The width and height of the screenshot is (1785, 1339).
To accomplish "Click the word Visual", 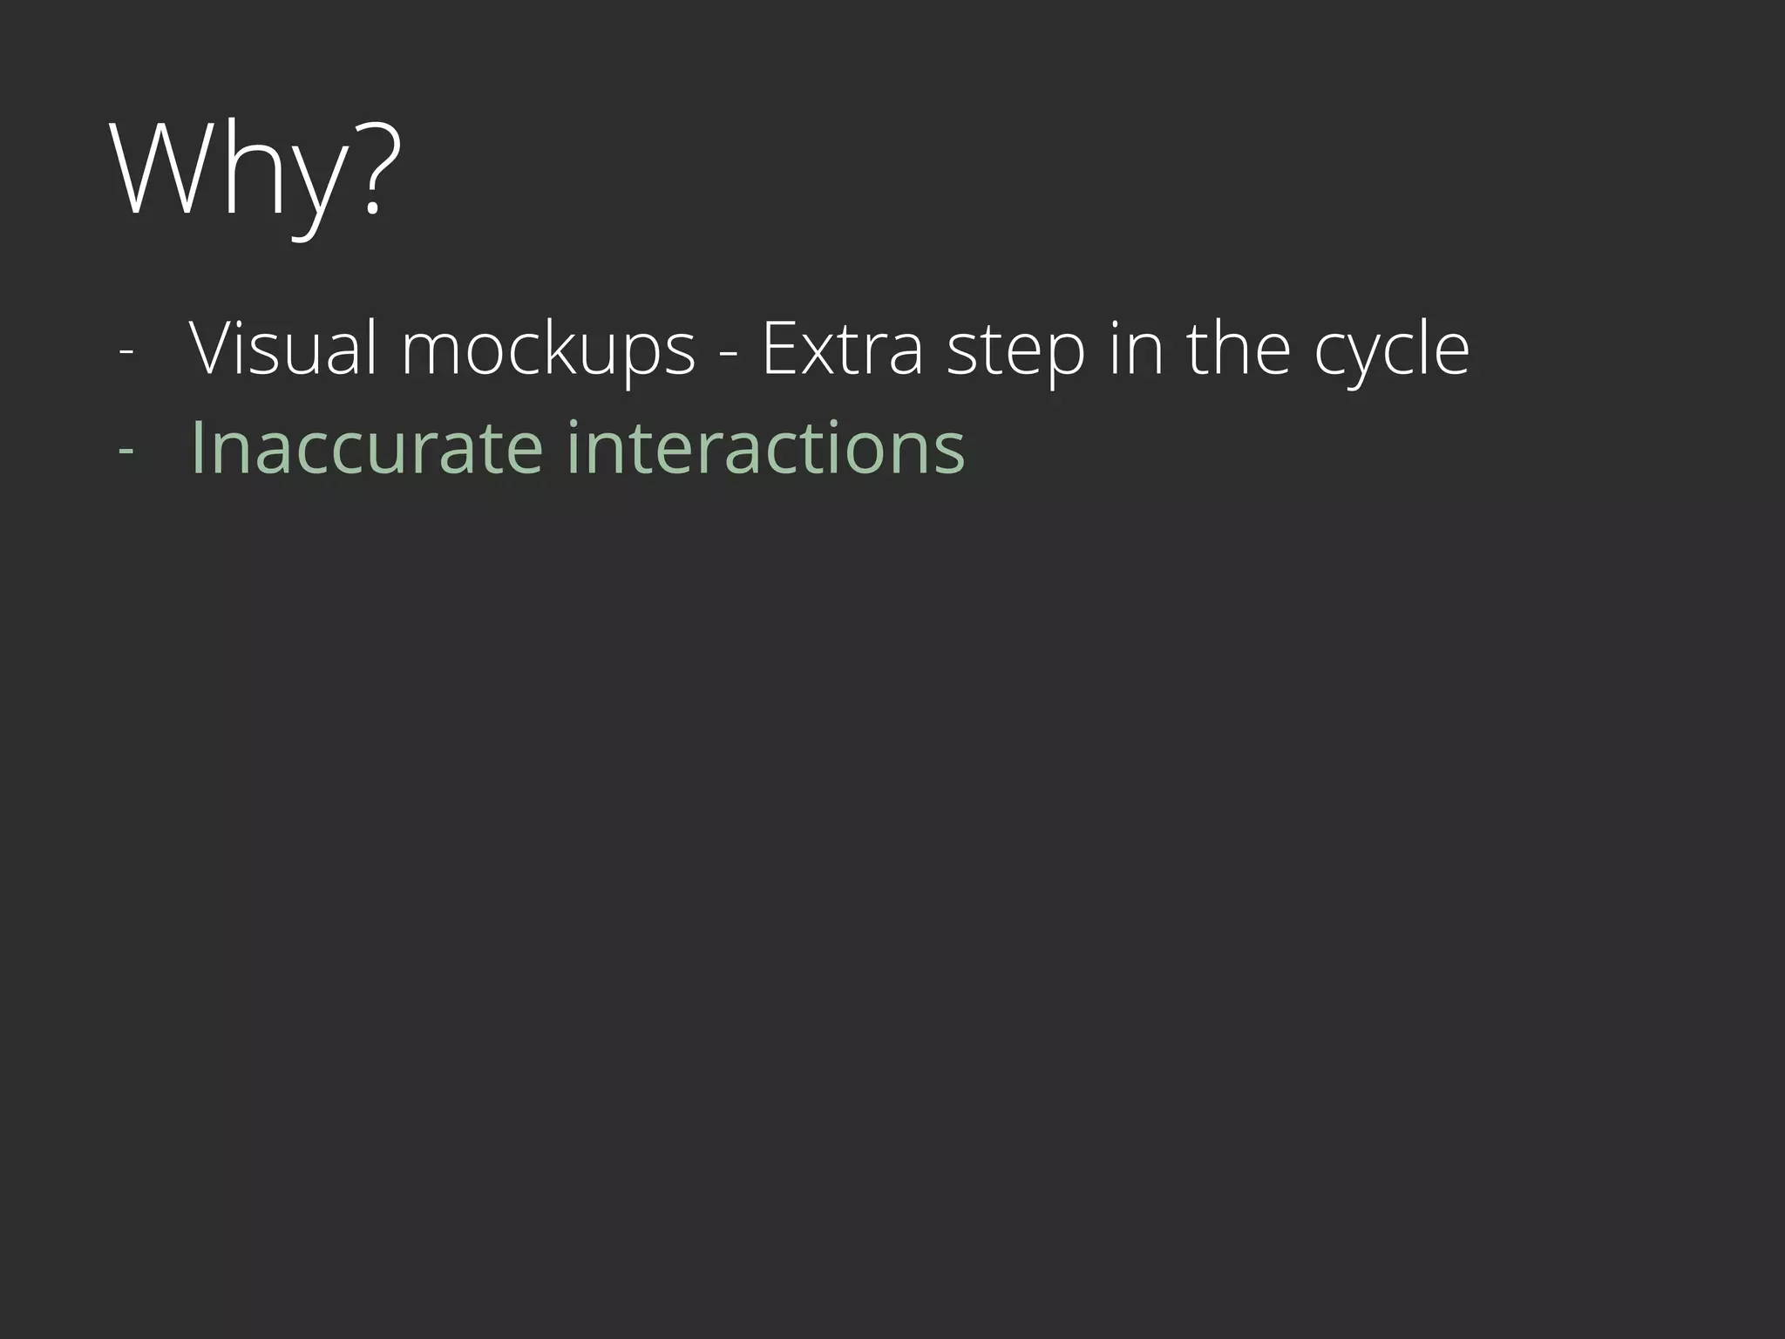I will click(x=283, y=349).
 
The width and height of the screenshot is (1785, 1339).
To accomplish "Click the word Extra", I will click(x=842, y=349).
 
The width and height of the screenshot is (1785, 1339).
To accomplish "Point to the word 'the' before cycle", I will click(x=1238, y=349).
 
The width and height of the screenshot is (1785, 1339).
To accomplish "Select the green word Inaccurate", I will click(x=367, y=447).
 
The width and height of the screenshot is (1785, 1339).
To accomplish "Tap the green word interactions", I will click(x=765, y=447).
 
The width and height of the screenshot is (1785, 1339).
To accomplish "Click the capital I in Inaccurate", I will click(x=197, y=447).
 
